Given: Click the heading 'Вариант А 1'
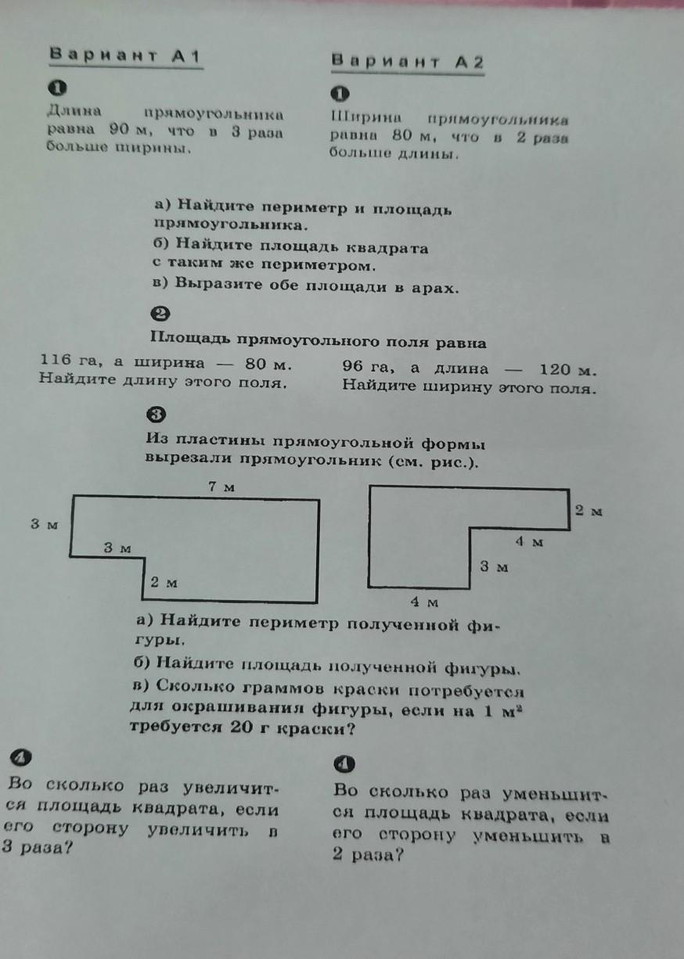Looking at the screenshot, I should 125,56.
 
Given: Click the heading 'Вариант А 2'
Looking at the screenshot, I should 407,61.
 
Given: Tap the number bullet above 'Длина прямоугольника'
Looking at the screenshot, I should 58,88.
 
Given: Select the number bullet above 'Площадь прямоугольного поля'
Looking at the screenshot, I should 160,314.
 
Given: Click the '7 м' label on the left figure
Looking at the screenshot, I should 221,487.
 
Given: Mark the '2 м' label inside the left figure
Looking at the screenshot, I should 164,583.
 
